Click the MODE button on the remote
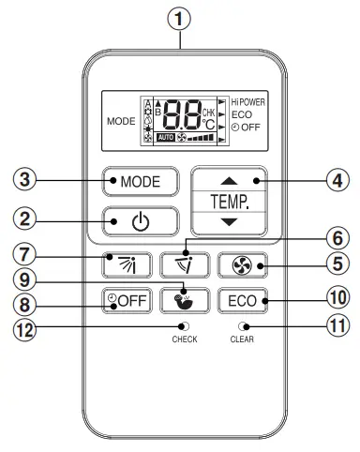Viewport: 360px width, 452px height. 140,181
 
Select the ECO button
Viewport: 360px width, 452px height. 242,301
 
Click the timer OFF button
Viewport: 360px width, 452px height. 126,301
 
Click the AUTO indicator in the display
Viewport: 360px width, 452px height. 166,137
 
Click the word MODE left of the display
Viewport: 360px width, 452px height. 120,121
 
